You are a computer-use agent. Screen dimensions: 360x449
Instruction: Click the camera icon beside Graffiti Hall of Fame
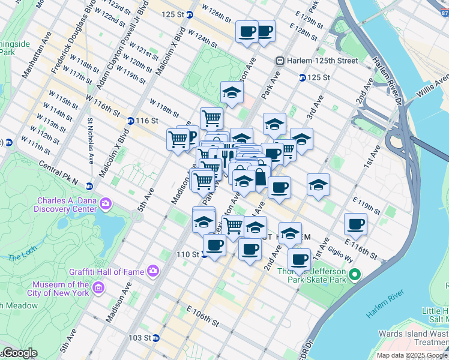(x=153, y=271)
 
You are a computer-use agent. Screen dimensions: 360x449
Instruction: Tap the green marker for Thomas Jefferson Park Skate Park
(x=355, y=275)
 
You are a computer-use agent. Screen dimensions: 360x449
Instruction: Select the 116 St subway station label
(x=146, y=121)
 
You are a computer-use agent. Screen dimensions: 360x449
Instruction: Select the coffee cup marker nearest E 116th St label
(x=355, y=224)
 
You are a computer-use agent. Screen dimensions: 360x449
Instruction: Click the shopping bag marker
(x=261, y=178)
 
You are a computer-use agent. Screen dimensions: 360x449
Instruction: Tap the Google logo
(x=19, y=353)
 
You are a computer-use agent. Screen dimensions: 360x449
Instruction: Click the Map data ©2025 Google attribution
(x=412, y=355)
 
